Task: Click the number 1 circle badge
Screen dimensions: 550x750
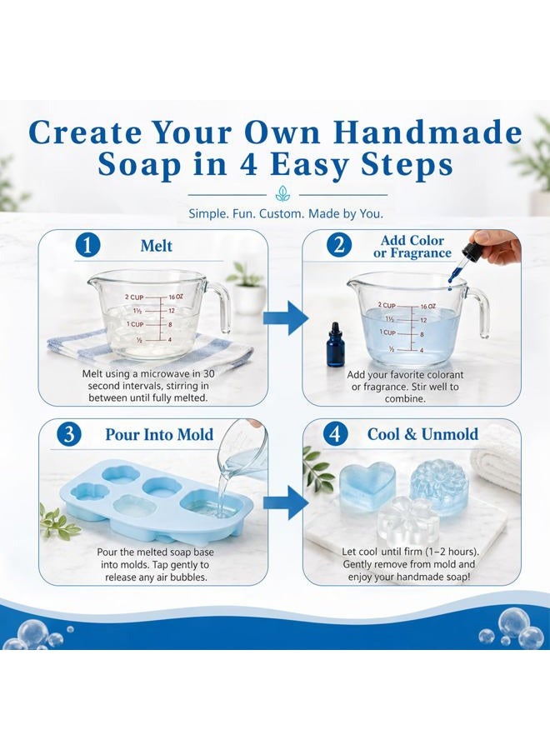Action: tap(87, 245)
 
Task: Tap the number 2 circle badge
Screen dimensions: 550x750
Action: tap(338, 244)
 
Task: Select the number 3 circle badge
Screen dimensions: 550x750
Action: tap(69, 434)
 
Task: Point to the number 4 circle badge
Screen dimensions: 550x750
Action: tap(335, 434)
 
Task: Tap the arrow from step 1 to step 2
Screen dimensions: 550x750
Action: tap(286, 318)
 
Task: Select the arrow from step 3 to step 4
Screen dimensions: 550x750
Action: tap(286, 502)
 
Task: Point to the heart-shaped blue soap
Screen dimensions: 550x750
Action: tap(367, 487)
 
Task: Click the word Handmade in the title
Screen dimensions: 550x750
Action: tap(427, 132)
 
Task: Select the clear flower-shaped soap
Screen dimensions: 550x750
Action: tap(408, 520)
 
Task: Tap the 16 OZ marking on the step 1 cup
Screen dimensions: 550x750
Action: tap(176, 297)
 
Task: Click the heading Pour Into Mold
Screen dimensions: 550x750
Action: tap(159, 434)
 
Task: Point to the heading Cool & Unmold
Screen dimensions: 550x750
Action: tap(422, 434)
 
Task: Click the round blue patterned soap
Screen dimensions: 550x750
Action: tap(438, 486)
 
